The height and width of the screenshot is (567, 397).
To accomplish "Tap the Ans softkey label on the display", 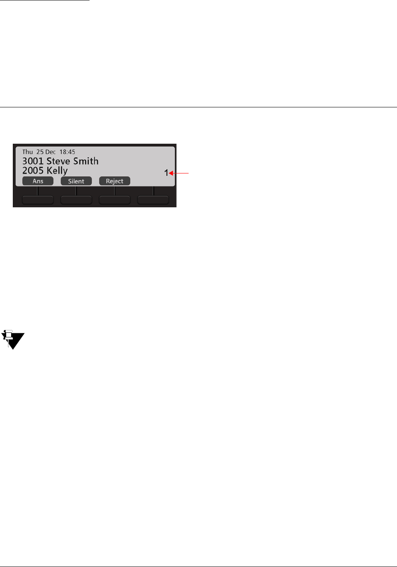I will click(x=38, y=181).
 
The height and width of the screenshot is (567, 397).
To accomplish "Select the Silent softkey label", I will click(x=76, y=181).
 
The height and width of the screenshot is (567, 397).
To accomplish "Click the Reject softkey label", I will click(x=114, y=181).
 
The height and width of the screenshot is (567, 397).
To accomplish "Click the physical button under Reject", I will click(x=114, y=200).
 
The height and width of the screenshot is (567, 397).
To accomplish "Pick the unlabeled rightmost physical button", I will click(x=153, y=200).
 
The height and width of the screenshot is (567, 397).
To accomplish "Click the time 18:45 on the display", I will click(x=67, y=152).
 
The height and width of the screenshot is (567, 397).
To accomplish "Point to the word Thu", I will click(x=28, y=152).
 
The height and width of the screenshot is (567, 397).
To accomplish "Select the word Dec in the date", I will click(x=50, y=152).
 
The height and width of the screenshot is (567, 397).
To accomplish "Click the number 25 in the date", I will click(x=40, y=152).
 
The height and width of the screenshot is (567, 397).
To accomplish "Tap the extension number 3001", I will click(x=33, y=161).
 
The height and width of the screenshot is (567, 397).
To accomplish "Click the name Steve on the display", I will click(x=58, y=161).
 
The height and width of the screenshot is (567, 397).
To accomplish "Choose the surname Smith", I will click(x=86, y=161).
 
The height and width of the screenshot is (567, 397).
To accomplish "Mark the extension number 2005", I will click(x=33, y=171).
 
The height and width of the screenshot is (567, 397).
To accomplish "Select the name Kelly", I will click(x=57, y=171).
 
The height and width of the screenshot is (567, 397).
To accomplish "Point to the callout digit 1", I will click(x=166, y=173).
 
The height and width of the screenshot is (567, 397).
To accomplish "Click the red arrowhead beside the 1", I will click(x=171, y=173).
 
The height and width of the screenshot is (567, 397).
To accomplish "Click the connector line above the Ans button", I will click(x=38, y=190).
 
